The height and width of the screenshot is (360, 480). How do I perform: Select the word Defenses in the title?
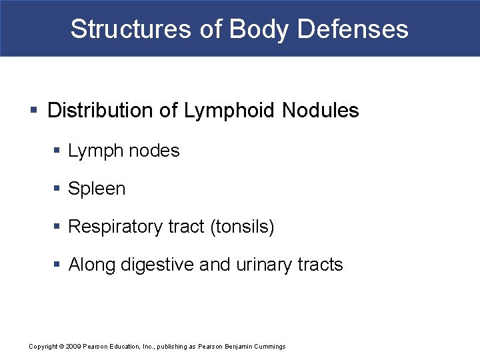point(353,29)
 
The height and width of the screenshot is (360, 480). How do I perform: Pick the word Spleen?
point(97,189)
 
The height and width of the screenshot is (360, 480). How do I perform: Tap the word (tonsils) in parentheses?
point(242,227)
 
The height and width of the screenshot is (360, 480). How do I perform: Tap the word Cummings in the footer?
point(269,347)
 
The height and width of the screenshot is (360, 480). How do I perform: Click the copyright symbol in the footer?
point(61,347)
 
